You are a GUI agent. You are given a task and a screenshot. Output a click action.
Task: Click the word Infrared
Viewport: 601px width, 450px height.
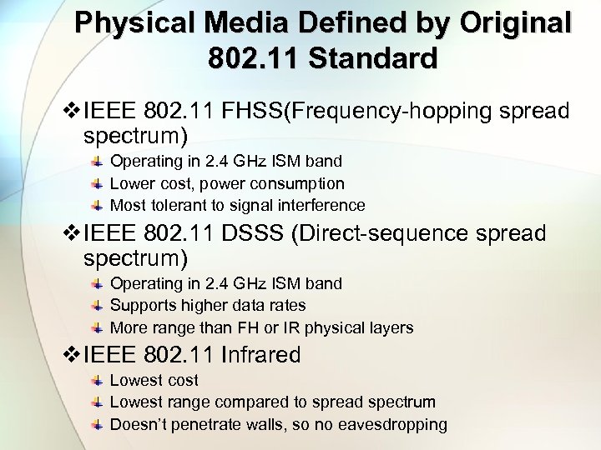point(261,355)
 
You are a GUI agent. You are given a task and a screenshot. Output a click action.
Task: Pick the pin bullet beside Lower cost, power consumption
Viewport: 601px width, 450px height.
point(98,183)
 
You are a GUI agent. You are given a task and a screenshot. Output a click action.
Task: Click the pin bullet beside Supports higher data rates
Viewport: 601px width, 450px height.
point(98,306)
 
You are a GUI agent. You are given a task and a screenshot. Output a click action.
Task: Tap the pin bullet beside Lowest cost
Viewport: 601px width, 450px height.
point(98,381)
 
